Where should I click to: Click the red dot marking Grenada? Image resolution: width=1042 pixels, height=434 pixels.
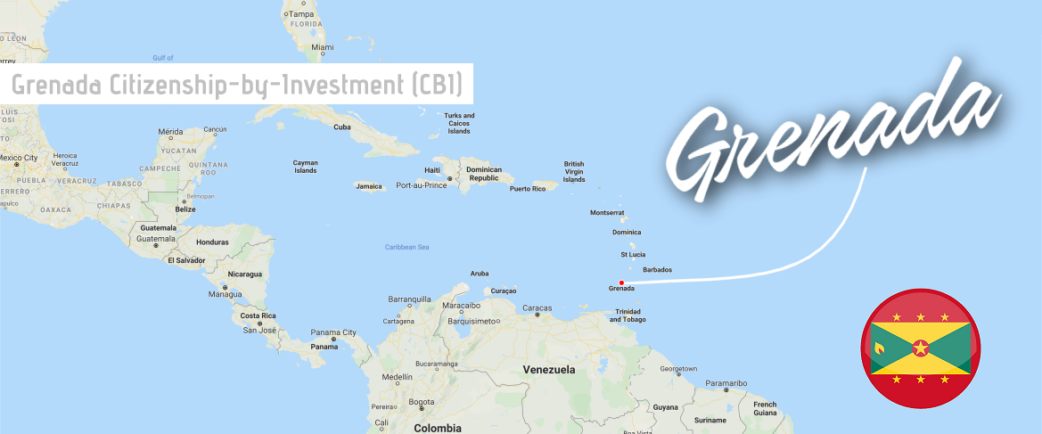point(621,283)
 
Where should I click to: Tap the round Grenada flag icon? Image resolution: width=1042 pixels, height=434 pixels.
point(920,348)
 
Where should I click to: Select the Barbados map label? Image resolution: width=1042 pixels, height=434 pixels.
point(657,269)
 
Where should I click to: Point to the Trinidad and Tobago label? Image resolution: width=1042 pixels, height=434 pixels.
point(628,315)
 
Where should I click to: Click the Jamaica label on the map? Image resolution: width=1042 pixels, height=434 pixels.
point(368,186)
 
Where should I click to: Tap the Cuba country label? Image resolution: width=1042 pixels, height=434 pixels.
point(342,127)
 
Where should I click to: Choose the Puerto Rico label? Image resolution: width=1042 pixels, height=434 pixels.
point(527,189)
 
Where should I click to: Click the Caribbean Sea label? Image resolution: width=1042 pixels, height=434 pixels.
point(407,247)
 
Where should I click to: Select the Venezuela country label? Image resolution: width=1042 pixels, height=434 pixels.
point(549,369)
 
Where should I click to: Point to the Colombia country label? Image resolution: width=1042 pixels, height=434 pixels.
point(439,428)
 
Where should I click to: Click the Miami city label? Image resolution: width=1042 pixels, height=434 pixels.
point(324,46)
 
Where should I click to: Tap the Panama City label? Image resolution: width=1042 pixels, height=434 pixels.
point(333,333)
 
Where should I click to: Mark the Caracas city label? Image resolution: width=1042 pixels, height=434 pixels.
point(537,308)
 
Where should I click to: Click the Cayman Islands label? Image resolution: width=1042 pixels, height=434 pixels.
point(306,167)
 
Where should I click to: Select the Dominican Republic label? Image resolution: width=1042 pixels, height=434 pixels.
point(484,174)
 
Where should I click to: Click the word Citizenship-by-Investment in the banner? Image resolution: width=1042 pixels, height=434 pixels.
point(220,85)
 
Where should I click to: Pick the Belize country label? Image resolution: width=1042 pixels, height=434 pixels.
point(185,209)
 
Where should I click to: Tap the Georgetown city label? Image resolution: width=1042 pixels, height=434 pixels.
point(678,369)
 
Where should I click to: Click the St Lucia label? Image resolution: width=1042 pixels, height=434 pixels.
point(633,254)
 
